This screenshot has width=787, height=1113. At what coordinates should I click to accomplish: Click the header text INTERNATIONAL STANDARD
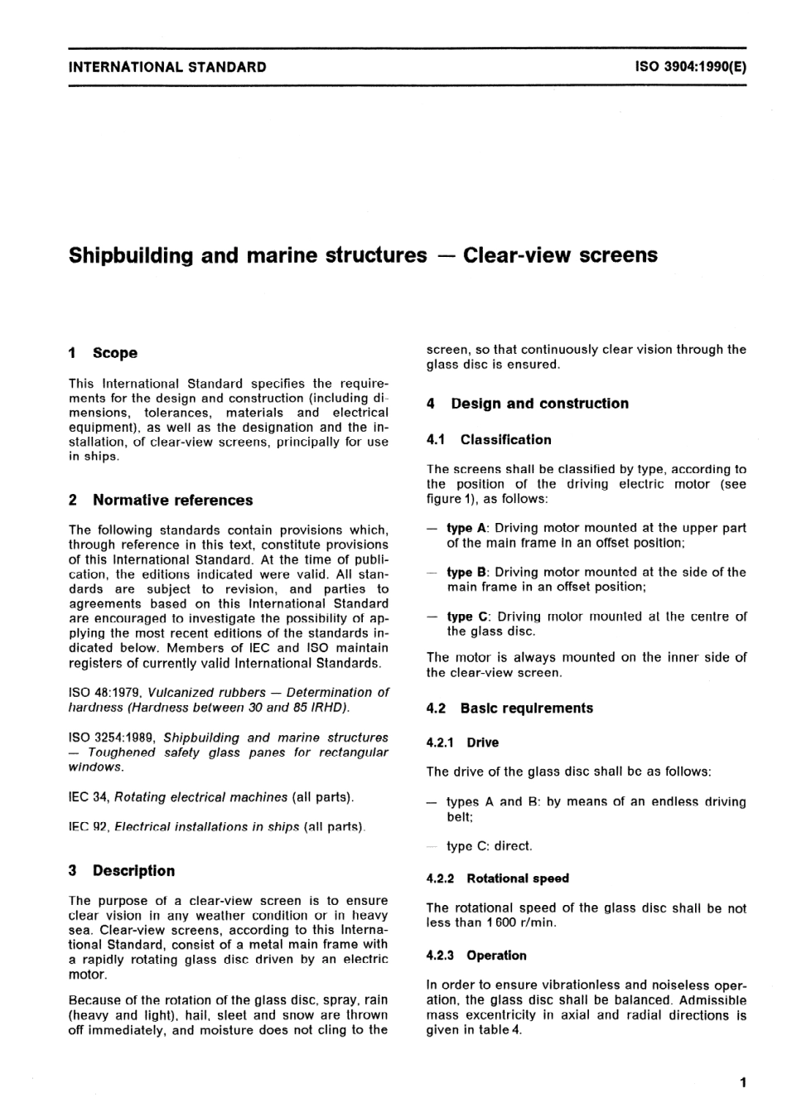click(x=167, y=67)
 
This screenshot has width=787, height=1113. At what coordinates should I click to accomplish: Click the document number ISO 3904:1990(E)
click(x=690, y=67)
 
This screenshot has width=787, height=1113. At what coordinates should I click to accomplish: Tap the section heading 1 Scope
click(x=103, y=353)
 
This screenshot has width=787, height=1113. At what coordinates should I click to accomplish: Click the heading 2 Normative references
click(x=161, y=500)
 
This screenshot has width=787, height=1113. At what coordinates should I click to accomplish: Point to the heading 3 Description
click(x=122, y=870)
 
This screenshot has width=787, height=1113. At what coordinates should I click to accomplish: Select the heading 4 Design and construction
click(x=527, y=404)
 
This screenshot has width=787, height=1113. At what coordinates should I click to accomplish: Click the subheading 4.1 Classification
click(x=489, y=439)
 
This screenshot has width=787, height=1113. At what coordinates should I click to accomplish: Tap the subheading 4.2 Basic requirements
click(x=509, y=708)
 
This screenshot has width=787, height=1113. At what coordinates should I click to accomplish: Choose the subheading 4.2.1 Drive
click(x=462, y=743)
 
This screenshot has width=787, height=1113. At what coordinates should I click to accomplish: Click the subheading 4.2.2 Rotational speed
click(x=497, y=878)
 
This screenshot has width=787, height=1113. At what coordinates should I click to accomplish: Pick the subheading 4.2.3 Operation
click(x=476, y=956)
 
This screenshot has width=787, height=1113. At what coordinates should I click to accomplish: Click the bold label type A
click(x=467, y=528)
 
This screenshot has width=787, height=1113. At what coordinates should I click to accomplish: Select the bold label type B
click(x=467, y=572)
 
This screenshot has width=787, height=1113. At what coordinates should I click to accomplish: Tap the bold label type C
click(x=467, y=617)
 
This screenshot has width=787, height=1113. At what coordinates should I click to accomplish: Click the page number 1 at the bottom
click(x=743, y=1082)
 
